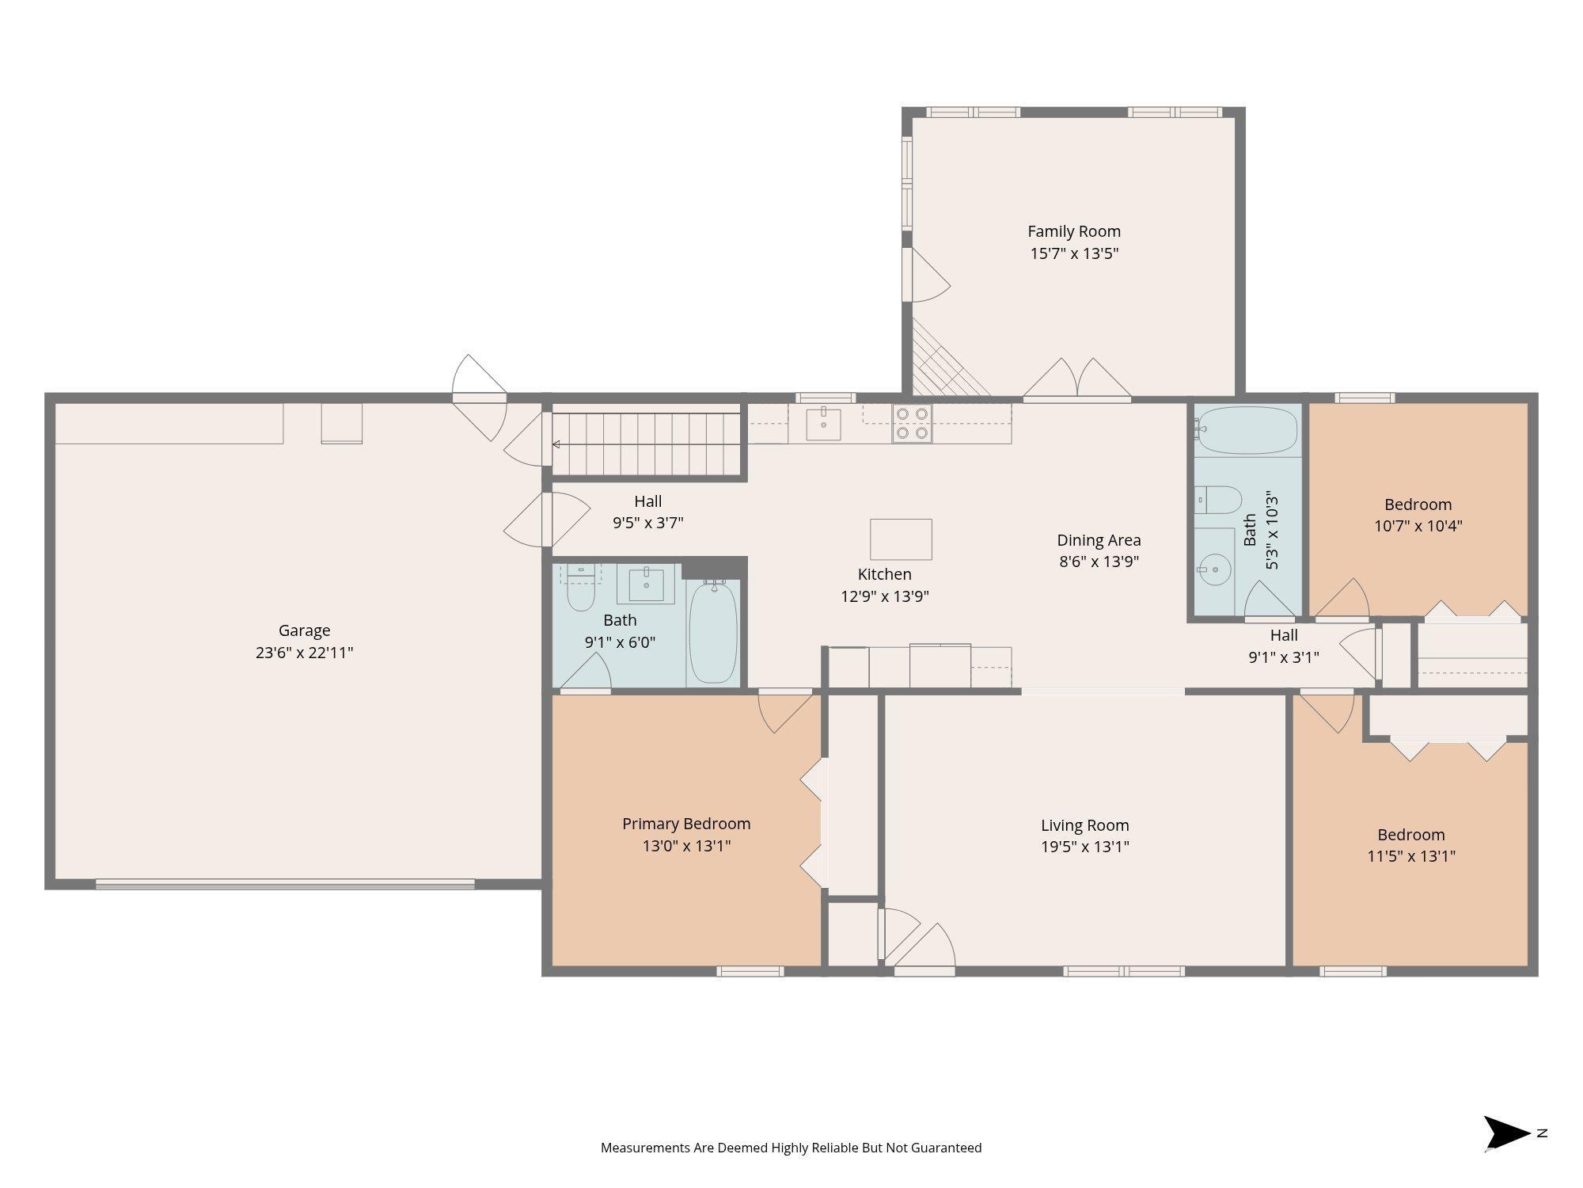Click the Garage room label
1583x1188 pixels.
click(304, 630)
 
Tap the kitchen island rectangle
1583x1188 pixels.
click(901, 539)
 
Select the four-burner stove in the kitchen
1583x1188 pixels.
click(912, 423)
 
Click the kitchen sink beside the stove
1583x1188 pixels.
click(824, 423)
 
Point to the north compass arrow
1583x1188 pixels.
click(1506, 1133)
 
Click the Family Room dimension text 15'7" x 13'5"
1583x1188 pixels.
click(1074, 253)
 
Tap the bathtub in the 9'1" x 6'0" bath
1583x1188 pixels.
click(713, 632)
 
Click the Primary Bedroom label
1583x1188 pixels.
click(686, 824)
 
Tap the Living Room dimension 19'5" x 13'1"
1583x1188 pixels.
click(1084, 847)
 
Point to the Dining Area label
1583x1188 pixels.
click(1099, 540)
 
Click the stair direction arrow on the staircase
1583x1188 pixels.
click(556, 444)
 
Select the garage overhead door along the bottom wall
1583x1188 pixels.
click(285, 884)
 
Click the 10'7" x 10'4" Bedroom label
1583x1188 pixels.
click(1418, 505)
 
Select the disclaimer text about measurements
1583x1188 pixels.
click(791, 1148)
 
